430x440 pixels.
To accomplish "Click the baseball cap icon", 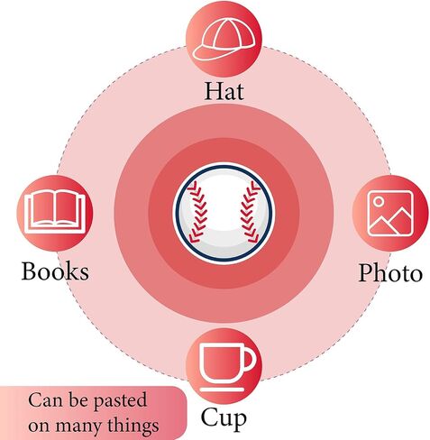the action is click(x=224, y=40).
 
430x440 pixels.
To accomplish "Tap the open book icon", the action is click(x=55, y=211).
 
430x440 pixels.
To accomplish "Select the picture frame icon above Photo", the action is click(x=390, y=213).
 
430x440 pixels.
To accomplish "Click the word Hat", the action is click(x=224, y=90).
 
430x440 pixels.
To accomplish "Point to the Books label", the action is click(x=55, y=271).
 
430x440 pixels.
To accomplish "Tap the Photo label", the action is click(x=390, y=272).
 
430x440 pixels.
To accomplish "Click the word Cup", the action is click(x=224, y=418).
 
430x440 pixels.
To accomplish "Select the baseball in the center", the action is click(x=224, y=214).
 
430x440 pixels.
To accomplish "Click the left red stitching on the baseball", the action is click(x=197, y=211).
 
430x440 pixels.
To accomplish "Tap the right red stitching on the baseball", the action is click(x=250, y=212).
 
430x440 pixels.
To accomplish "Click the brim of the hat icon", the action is click(x=207, y=53).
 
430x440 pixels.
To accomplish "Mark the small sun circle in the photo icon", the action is click(x=379, y=201).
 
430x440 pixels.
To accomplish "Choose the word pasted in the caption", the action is click(x=120, y=401).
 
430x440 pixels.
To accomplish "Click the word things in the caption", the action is click(x=133, y=426).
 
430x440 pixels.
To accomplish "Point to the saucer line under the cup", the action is click(x=222, y=390).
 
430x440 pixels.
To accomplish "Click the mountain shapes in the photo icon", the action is click(x=390, y=222).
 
